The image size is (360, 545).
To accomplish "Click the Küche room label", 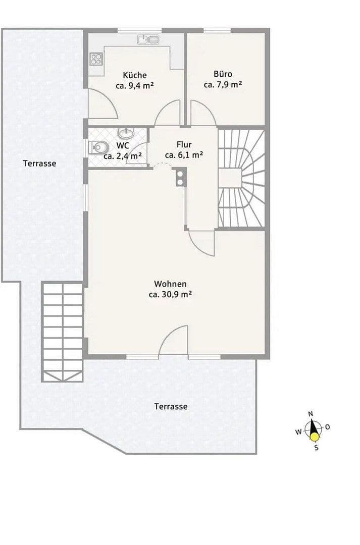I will click(x=134, y=75).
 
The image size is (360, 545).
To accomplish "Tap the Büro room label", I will click(x=223, y=74).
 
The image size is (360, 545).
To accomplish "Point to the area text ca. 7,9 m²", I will click(x=223, y=84).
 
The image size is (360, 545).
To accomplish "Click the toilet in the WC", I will click(x=99, y=147).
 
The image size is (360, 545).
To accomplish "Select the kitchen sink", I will click(x=147, y=39).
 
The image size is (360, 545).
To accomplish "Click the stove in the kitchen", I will click(x=96, y=59).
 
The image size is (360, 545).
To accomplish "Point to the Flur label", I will click(x=184, y=144).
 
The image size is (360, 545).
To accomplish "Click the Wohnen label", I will click(x=170, y=284).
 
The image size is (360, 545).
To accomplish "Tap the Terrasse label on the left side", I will click(x=39, y=163).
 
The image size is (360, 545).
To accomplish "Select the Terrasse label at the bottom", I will click(x=171, y=406).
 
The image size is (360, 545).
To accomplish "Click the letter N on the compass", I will click(x=311, y=414).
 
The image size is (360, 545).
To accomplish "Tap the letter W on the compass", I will click(x=298, y=432).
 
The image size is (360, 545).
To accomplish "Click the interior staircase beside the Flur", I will click(x=241, y=178).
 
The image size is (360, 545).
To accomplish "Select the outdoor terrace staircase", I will click(x=63, y=331).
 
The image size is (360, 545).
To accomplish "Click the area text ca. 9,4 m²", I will click(x=134, y=85).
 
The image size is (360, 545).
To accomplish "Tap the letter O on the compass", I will click(x=327, y=427).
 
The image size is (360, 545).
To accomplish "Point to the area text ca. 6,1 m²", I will click(x=184, y=155).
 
